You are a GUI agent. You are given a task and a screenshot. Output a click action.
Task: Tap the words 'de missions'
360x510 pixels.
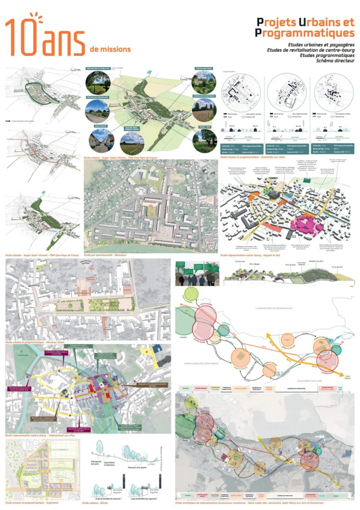coord(110,49)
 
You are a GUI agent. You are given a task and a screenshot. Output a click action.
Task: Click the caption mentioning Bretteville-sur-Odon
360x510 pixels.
coord(251,157)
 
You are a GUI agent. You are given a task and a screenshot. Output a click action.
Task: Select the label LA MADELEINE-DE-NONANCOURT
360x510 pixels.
coord(281,308)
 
